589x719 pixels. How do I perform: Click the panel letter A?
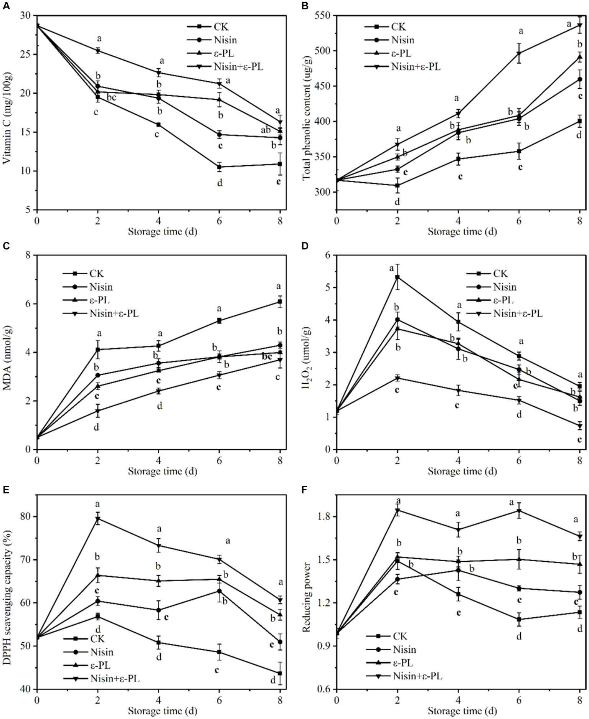[6, 7]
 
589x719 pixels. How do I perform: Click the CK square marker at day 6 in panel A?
[219, 167]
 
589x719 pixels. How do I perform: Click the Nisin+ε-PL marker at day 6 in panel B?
[519, 53]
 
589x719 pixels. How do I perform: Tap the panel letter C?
[6, 246]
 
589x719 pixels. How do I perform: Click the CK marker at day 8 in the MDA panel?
[280, 302]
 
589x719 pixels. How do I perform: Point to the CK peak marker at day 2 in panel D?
[398, 277]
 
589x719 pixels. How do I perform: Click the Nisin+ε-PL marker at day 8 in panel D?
[580, 425]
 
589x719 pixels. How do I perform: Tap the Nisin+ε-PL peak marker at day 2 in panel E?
[98, 519]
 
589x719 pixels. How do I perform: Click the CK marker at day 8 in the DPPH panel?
[280, 673]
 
